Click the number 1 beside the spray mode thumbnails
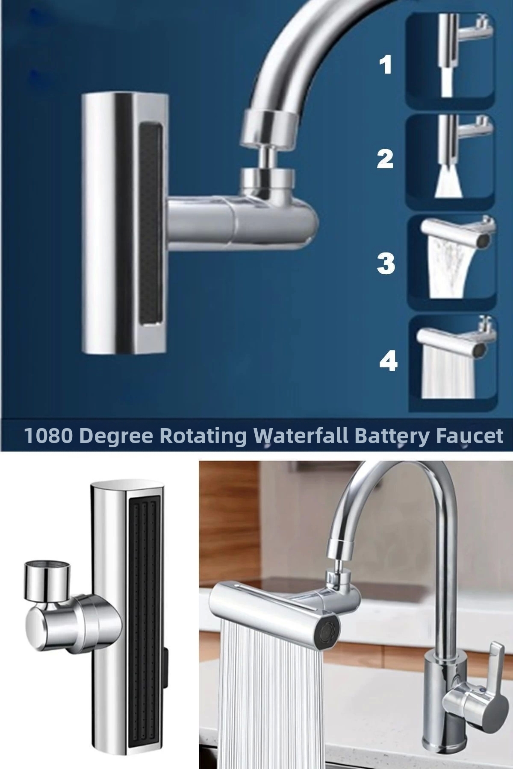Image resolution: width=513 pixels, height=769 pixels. (386, 66)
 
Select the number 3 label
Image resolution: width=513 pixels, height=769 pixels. (386, 263)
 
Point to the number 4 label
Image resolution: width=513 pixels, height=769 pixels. (388, 361)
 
